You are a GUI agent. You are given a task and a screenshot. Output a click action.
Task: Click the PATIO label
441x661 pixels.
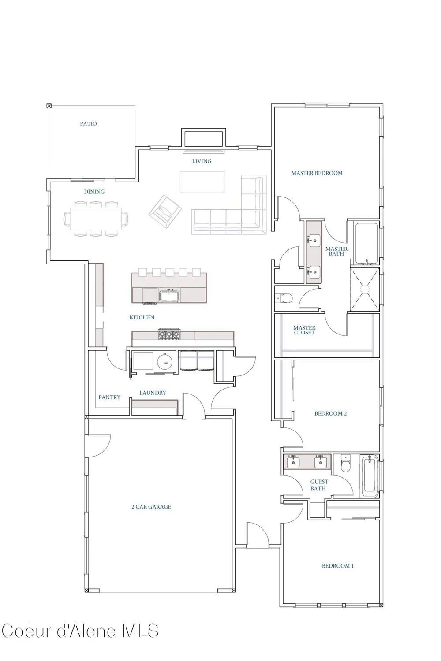coord(88,124)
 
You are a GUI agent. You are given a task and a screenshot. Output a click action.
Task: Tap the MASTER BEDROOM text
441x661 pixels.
coord(317,173)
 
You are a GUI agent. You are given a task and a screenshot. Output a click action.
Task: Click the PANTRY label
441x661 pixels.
coord(109,397)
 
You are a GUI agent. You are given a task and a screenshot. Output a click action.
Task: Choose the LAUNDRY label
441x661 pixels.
coord(153,393)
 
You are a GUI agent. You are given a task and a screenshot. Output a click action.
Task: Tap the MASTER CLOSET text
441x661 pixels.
coord(305,330)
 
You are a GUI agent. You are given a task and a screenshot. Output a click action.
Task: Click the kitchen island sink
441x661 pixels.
coord(169,296)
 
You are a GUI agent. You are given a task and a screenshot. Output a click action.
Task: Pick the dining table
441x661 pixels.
coord(96,219)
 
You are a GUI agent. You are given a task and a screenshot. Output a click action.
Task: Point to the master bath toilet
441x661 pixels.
coord(285,299)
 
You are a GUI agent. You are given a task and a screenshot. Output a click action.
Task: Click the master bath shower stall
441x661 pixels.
coord(365,289)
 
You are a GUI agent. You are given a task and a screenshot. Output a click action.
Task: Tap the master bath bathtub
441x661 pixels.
coord(366,244)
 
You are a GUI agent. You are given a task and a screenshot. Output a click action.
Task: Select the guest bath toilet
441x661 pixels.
coord(345,464)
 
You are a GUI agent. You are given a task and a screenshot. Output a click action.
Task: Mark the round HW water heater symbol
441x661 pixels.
coord(165,363)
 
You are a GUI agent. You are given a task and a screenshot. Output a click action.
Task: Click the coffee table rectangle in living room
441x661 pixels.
coord(202,182)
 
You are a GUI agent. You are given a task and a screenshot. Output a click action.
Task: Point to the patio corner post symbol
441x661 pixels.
coord(49,106)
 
